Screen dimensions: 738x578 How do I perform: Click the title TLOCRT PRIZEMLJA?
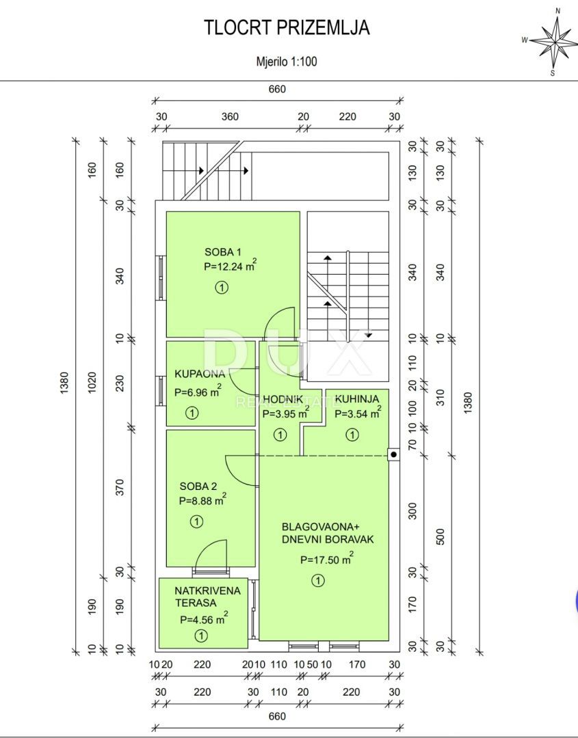[x=287, y=28]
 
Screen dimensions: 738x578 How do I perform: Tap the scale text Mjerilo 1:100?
[x=286, y=61]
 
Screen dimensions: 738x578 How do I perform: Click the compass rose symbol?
[x=554, y=40]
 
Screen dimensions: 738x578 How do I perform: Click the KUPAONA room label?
[x=200, y=374]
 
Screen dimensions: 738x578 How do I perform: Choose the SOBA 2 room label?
[x=198, y=487]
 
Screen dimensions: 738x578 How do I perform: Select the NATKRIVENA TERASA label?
[x=207, y=597]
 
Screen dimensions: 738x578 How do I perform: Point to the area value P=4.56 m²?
[x=203, y=619]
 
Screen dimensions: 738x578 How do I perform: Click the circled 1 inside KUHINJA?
[x=352, y=434]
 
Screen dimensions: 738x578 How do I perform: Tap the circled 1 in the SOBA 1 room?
[x=221, y=289]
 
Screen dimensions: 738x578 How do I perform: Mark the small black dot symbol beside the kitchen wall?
[x=393, y=454]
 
